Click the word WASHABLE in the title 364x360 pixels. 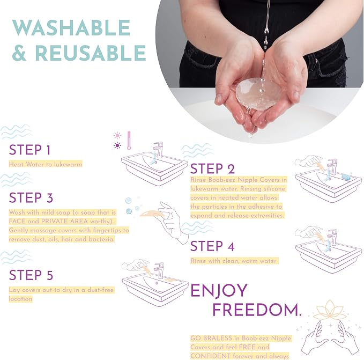(71, 27)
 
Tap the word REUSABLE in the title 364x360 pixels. (90, 53)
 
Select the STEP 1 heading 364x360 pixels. (29, 150)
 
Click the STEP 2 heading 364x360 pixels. (212, 168)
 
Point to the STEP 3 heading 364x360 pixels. (31, 198)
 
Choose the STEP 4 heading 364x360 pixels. (212, 246)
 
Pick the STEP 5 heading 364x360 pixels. (31, 275)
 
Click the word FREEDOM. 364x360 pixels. (257, 310)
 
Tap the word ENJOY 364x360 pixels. (219, 291)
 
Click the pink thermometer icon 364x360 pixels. (129, 141)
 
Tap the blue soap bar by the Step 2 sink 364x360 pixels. (346, 177)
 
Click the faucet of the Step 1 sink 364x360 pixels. (158, 150)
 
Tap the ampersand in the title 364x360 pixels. (19, 53)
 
